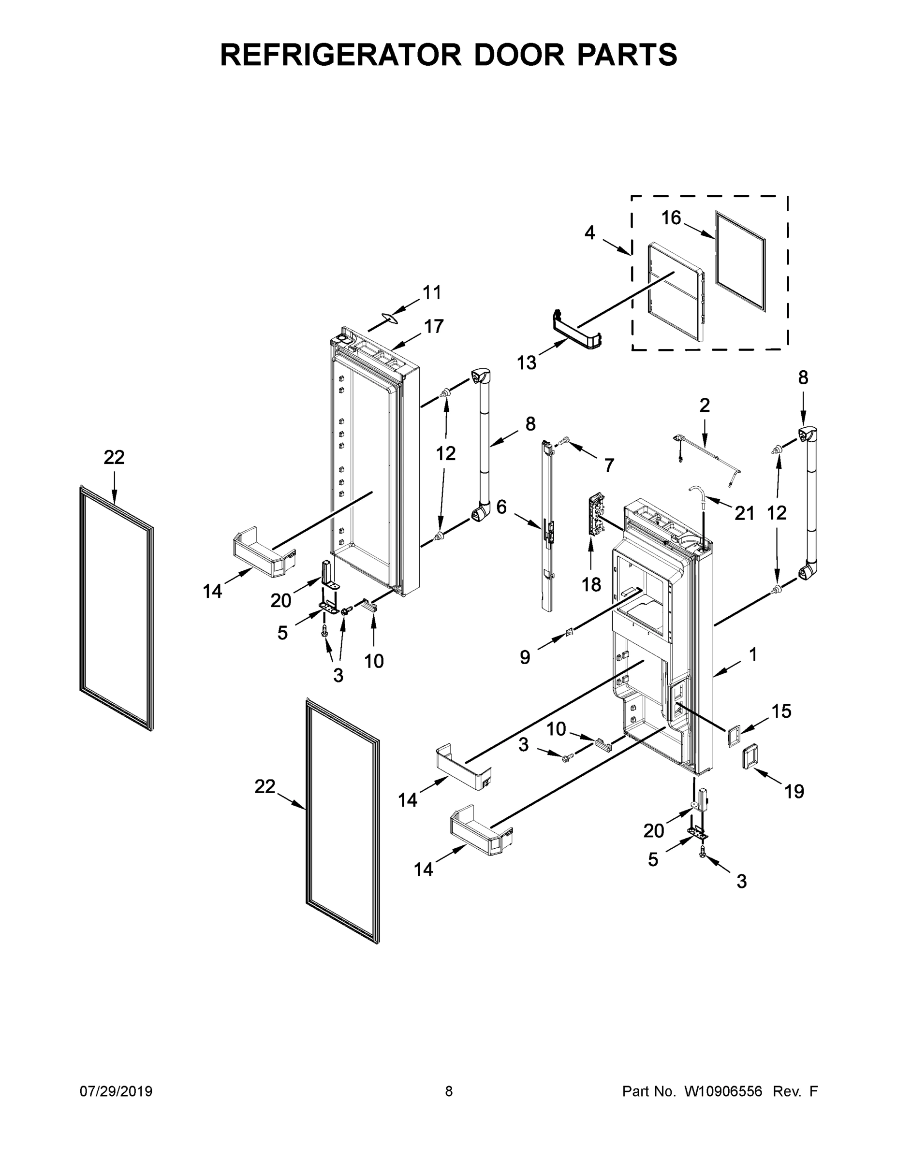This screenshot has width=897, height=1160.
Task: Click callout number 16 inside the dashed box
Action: (x=671, y=218)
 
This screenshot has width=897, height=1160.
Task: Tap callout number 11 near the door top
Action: (x=432, y=292)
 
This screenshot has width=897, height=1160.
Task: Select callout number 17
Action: (x=434, y=326)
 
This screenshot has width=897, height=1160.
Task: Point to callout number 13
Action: (x=527, y=363)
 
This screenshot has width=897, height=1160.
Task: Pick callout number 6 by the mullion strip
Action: (x=501, y=507)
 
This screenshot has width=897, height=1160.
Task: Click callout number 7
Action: (x=609, y=465)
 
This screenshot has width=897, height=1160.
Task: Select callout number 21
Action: (x=745, y=513)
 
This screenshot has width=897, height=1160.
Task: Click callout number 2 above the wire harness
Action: (x=704, y=405)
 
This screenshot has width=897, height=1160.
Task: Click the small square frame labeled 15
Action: (x=734, y=738)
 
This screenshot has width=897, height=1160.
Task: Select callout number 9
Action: (x=525, y=657)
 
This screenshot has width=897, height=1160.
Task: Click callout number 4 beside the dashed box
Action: (x=590, y=232)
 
